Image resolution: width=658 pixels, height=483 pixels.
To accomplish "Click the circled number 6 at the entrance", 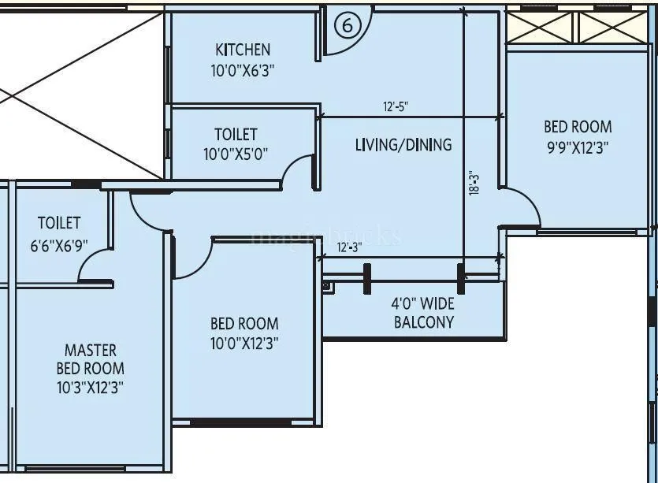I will (x=348, y=24).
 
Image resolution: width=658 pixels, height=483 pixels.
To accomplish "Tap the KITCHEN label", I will (x=243, y=50).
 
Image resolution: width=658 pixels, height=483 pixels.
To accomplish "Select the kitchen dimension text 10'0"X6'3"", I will (x=243, y=70).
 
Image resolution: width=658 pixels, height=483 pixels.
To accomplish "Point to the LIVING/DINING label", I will (x=403, y=144).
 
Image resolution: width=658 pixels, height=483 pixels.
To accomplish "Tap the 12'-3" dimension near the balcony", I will (x=348, y=247).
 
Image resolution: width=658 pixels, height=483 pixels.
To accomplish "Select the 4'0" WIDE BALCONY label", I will (x=423, y=312).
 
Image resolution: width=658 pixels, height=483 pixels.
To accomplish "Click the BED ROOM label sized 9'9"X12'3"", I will (x=578, y=126).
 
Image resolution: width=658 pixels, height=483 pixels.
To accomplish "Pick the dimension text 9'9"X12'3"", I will (x=578, y=147).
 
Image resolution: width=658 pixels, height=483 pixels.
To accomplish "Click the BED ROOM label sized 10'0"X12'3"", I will (x=244, y=323).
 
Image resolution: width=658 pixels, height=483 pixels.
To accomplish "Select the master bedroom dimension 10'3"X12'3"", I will (x=90, y=387).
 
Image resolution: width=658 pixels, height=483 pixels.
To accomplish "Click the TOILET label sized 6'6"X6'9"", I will (x=59, y=224).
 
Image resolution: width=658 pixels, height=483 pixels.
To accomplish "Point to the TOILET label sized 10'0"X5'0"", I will (x=236, y=135).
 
